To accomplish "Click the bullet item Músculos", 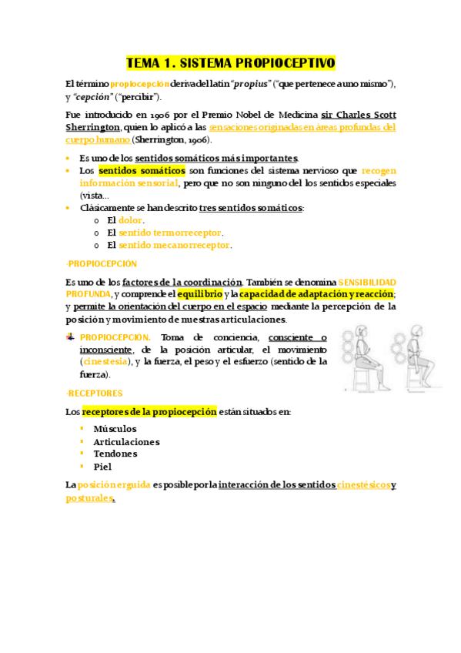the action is click(115, 429).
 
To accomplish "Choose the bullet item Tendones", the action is click(115, 454).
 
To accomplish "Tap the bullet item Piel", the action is click(102, 467).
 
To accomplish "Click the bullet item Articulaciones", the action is click(126, 442).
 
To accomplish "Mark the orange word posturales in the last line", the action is click(89, 498).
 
